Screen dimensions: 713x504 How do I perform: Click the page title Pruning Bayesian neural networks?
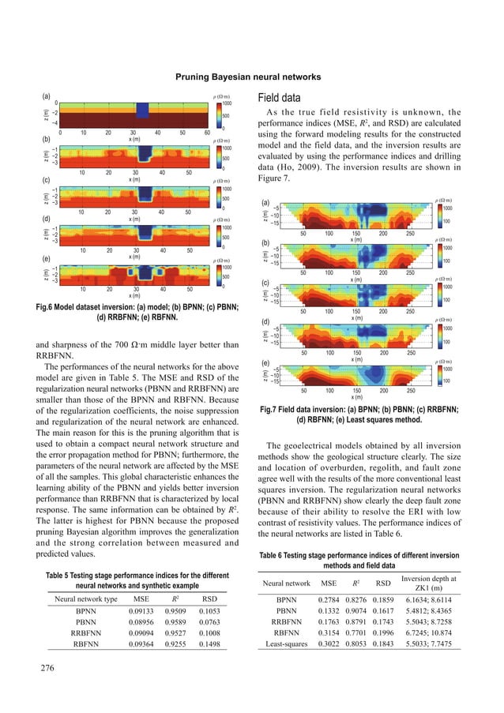(x=252, y=77)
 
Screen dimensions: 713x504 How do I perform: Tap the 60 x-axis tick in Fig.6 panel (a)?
(x=207, y=133)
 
